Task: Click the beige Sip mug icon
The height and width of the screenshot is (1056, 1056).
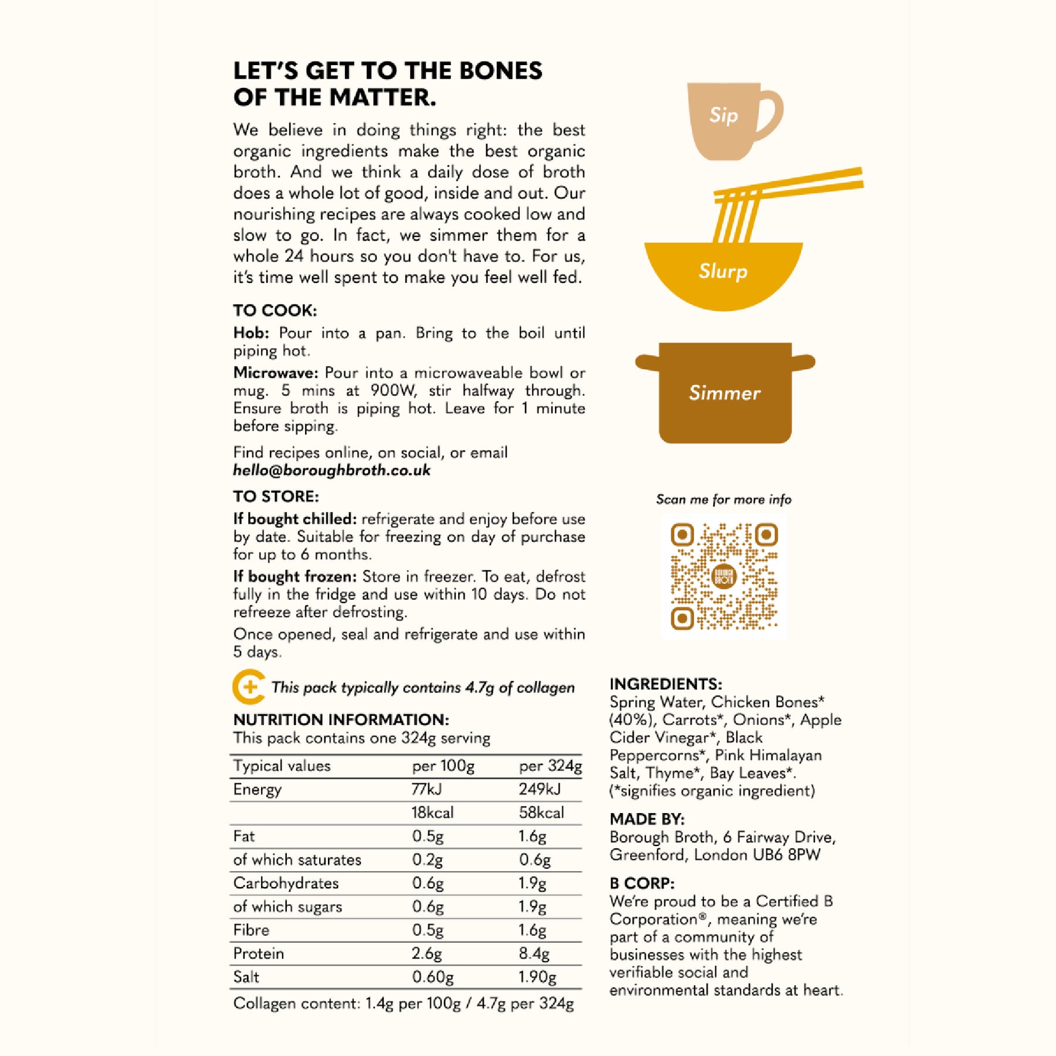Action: tap(727, 120)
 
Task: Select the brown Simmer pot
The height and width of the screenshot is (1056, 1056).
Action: tap(725, 392)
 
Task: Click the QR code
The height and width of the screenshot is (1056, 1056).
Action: tap(724, 576)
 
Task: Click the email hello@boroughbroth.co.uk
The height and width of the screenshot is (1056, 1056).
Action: tap(331, 471)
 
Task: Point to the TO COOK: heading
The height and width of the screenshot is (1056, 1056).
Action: tap(275, 310)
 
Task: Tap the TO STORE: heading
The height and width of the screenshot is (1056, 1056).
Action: tap(276, 496)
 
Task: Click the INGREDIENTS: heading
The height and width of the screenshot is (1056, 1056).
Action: tap(665, 684)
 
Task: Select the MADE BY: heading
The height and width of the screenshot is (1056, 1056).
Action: tap(647, 819)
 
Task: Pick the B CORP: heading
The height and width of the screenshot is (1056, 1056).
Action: tap(642, 884)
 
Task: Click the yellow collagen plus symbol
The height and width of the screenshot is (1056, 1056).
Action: tap(249, 687)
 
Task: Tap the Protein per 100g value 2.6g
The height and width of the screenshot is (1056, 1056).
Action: tap(427, 953)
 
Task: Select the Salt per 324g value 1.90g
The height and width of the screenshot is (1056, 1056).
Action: tap(537, 977)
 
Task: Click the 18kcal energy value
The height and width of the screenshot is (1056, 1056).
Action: tap(432, 813)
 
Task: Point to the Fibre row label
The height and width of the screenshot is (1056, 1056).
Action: tap(251, 930)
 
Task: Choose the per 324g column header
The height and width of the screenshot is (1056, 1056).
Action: tap(550, 766)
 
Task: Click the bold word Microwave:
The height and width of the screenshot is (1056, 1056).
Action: tap(276, 373)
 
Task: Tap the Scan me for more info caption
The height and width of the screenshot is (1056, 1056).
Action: tap(723, 500)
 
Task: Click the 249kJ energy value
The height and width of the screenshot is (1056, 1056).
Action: tap(539, 789)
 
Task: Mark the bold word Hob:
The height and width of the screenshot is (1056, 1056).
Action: tap(251, 333)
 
